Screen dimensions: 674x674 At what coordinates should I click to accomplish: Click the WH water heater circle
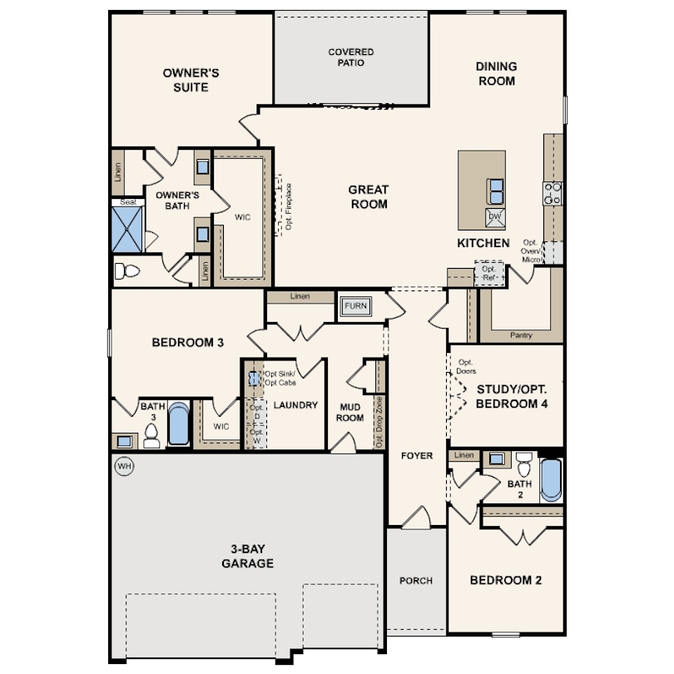tap(124, 466)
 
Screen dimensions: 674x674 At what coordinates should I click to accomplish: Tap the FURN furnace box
tap(356, 306)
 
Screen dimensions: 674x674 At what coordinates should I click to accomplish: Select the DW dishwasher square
tap(495, 217)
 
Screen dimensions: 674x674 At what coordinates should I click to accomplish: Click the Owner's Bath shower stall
tap(127, 230)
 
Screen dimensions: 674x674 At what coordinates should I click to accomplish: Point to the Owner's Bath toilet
tap(126, 271)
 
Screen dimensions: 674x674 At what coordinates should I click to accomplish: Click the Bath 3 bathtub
tap(178, 424)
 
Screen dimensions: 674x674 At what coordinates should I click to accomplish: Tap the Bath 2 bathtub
tap(551, 480)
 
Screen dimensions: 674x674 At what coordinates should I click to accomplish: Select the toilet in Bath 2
tap(524, 464)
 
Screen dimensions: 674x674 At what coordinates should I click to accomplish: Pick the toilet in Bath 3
tap(151, 435)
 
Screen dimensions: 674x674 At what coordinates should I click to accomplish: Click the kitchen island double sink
tap(496, 191)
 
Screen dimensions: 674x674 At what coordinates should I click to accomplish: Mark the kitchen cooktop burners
tap(553, 193)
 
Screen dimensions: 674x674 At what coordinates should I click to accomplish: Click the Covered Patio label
tap(351, 57)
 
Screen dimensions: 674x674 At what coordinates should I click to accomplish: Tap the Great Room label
tap(369, 196)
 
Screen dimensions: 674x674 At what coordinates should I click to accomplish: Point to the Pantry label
tap(521, 335)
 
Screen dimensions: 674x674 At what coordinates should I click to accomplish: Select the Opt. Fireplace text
tap(289, 206)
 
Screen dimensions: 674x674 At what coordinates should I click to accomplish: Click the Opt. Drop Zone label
tap(379, 422)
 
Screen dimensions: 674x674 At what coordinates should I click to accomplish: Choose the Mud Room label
tap(349, 412)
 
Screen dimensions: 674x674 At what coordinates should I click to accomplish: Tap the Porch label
tap(416, 581)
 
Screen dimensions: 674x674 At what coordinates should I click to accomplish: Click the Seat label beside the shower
tap(128, 202)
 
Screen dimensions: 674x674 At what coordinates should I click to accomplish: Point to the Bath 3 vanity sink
tap(124, 441)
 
